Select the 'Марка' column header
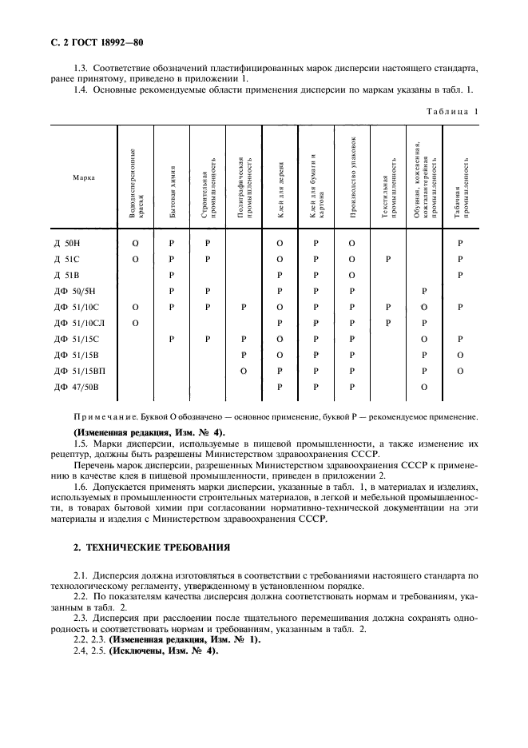[x=85, y=177]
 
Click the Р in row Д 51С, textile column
[x=388, y=259]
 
